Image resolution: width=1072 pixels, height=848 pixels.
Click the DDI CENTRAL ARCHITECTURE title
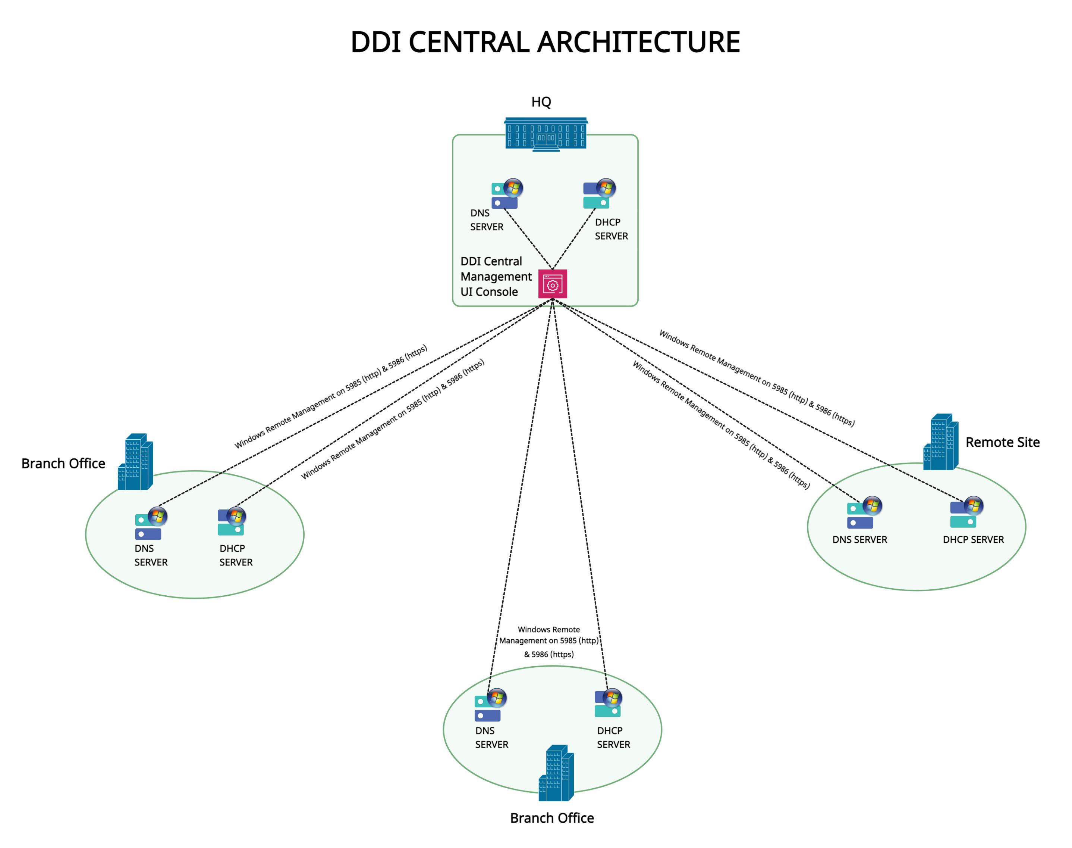coord(545,42)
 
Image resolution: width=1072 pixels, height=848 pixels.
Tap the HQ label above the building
coord(541,102)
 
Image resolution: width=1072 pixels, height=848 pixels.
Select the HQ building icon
coord(546,134)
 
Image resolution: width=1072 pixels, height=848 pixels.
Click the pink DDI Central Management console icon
coord(552,284)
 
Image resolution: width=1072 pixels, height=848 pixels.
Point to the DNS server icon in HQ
coord(506,194)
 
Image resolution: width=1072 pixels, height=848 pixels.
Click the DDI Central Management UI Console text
coord(495,277)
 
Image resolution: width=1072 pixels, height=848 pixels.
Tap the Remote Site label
coord(1002,442)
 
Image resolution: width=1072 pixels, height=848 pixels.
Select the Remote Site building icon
coord(940,442)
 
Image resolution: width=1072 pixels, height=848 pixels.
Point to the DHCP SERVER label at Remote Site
coord(973,540)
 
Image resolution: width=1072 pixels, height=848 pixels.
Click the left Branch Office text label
coord(63,464)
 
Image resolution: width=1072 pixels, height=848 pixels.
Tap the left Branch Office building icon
coord(135,462)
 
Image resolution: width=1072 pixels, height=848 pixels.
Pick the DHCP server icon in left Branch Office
coord(231,522)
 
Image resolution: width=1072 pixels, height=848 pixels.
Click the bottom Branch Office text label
coord(551,818)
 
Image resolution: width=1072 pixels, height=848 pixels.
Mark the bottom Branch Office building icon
coord(556,773)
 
